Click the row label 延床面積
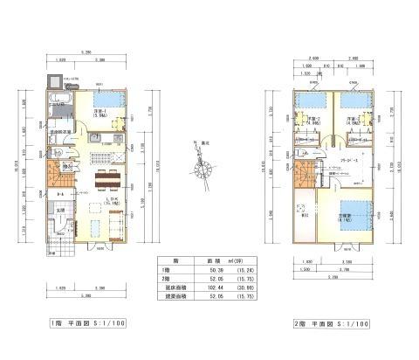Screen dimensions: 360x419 tap(172, 289)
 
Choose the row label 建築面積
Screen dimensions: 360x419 tap(172, 298)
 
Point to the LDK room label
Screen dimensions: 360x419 tap(110, 201)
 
